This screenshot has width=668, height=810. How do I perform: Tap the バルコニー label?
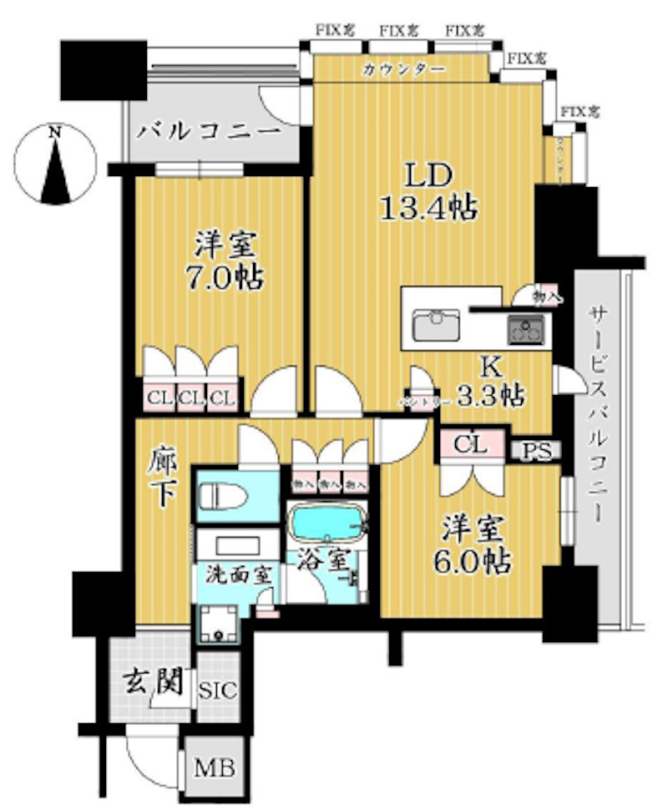[x=210, y=132]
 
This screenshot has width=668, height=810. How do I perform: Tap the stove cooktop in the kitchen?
[x=525, y=329]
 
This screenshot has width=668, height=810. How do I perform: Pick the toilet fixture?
[x=224, y=496]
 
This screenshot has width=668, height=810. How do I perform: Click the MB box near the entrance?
[x=214, y=767]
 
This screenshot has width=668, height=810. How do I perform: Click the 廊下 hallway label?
[x=164, y=479]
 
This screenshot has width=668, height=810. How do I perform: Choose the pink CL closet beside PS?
[x=472, y=443]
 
